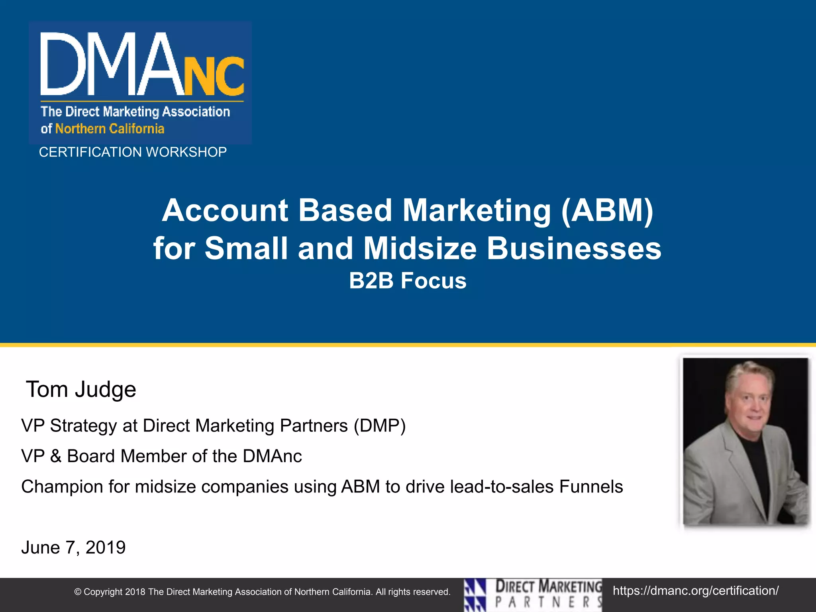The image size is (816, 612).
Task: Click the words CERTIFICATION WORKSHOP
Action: click(133, 152)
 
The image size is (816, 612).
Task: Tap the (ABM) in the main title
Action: click(607, 210)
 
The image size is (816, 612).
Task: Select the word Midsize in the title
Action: click(420, 248)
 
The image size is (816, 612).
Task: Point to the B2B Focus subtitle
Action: click(408, 280)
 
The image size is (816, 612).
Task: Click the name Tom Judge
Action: click(81, 389)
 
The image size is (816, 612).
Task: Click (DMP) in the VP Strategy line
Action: click(380, 426)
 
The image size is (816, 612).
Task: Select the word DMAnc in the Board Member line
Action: click(272, 456)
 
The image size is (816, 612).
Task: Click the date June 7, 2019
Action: click(73, 547)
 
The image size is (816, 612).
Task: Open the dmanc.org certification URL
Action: click(695, 590)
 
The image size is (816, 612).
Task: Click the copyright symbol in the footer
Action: click(78, 592)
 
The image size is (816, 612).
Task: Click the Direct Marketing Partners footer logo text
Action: click(548, 594)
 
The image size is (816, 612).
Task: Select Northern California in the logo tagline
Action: click(110, 129)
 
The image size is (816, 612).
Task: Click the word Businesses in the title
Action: click(574, 248)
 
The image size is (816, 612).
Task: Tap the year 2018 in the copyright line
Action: click(135, 592)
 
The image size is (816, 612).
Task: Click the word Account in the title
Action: click(225, 210)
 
